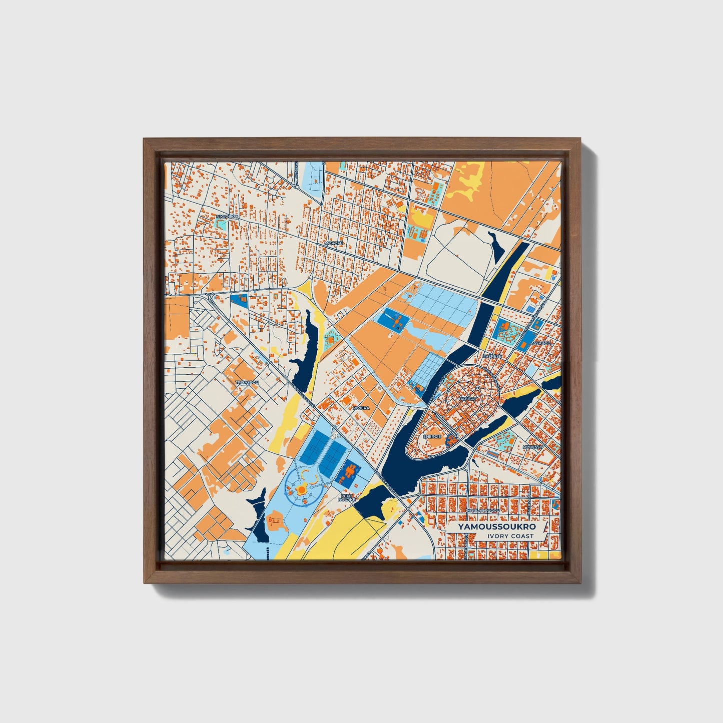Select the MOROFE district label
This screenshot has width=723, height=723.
click(x=334, y=243)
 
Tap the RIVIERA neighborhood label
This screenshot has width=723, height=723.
click(x=361, y=408)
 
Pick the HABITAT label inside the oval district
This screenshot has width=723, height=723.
click(x=467, y=399)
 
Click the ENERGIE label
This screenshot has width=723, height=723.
click(x=432, y=436)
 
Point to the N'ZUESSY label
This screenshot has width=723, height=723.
click(x=532, y=447)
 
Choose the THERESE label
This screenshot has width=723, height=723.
click(x=492, y=356)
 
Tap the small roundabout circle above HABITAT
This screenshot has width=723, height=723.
click(x=478, y=388)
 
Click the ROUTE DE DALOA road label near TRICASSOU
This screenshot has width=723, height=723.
click(x=303, y=396)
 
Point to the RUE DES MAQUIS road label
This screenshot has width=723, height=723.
click(x=438, y=390)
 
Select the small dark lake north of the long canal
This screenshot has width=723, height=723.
click(x=498, y=245)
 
